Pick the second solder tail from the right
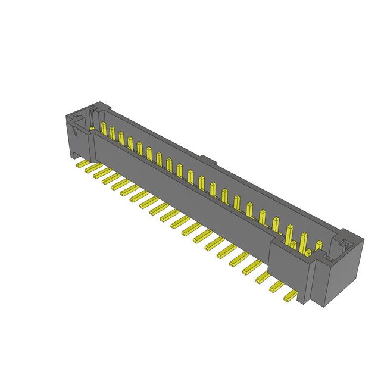(277, 288)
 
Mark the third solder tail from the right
(264, 278)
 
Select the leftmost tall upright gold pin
(104, 129)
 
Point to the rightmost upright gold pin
(318, 245)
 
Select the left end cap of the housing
(76, 137)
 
